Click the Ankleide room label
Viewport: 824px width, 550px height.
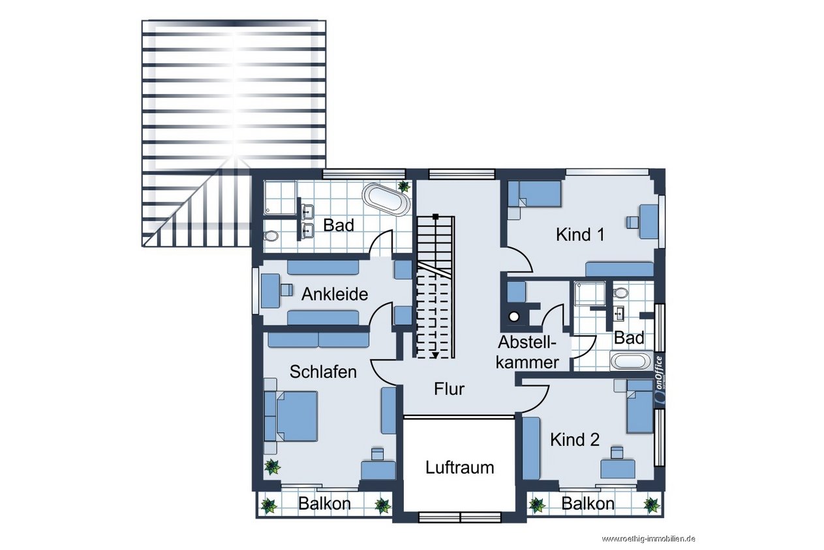(x=335, y=295)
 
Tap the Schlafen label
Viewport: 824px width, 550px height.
(x=323, y=372)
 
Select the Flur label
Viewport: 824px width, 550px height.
(x=449, y=389)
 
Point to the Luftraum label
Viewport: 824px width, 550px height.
(x=460, y=468)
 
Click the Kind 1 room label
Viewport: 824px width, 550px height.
(x=580, y=235)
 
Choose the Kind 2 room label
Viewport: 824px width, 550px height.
(x=575, y=440)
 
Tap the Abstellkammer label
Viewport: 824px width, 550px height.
(x=527, y=353)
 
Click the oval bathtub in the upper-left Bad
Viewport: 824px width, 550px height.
(x=386, y=200)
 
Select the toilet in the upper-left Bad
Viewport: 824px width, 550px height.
(x=271, y=235)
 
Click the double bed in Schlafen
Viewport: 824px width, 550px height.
(x=291, y=416)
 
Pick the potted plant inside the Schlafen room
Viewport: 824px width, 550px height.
(x=272, y=467)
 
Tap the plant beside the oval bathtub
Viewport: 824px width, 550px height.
(x=404, y=186)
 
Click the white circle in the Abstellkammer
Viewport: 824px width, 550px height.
(x=514, y=316)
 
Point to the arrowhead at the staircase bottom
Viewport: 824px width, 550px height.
(x=436, y=355)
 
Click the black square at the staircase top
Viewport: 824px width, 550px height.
(x=436, y=217)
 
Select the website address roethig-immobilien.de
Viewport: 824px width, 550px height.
(x=648, y=539)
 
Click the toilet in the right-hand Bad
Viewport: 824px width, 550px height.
(x=620, y=293)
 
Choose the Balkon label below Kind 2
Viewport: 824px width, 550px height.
(x=588, y=504)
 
